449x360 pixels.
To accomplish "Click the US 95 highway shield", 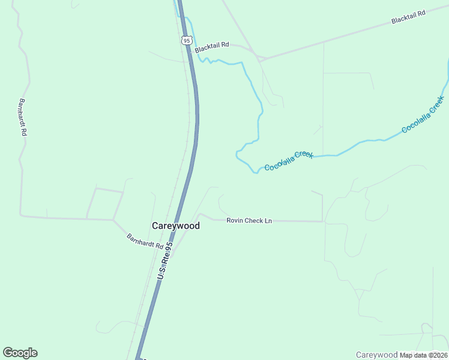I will (x=186, y=40).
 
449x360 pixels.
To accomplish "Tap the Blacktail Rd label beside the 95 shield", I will (x=212, y=46).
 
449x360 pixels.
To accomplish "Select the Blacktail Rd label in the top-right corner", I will (x=408, y=16).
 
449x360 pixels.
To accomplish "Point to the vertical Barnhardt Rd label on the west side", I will (x=23, y=117).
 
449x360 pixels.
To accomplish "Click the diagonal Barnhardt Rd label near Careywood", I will (x=145, y=241).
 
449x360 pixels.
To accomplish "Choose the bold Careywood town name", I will (x=175, y=226).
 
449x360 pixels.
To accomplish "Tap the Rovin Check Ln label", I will (x=249, y=221).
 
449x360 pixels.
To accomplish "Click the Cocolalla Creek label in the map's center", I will (x=289, y=160).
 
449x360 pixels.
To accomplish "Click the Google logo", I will (x=20, y=353).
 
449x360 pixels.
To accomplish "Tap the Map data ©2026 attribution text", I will (x=424, y=355).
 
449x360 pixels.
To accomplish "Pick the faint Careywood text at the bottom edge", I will (x=376, y=355).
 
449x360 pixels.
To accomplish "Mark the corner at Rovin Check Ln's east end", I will (x=323, y=221).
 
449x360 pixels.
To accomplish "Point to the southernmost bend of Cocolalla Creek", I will (x=255, y=173).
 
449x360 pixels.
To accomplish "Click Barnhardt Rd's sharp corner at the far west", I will (x=21, y=214).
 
